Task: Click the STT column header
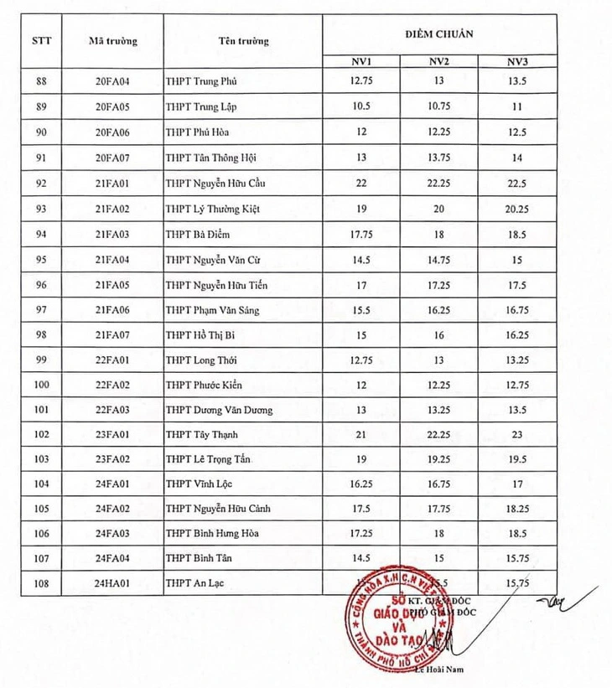[42, 40]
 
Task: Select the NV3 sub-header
[516, 61]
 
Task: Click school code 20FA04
[113, 82]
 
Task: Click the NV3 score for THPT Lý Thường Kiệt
[516, 209]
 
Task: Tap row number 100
[41, 385]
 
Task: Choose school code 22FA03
[113, 410]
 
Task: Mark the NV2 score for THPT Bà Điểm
[439, 234]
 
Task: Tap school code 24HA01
[113, 582]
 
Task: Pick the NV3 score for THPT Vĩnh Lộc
[516, 484]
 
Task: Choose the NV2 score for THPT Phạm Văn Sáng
[439, 310]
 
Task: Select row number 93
[41, 209]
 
